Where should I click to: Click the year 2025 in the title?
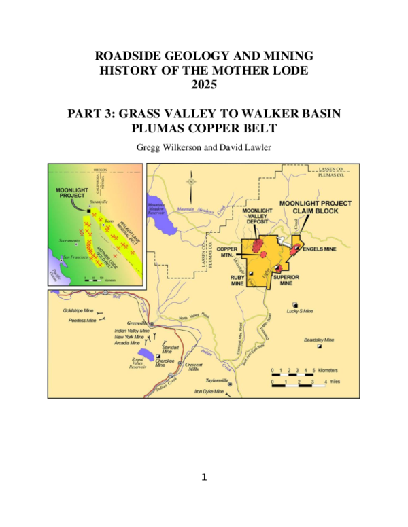[203, 85]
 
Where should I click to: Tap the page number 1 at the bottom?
[203, 477]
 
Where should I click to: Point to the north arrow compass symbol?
[192, 180]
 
